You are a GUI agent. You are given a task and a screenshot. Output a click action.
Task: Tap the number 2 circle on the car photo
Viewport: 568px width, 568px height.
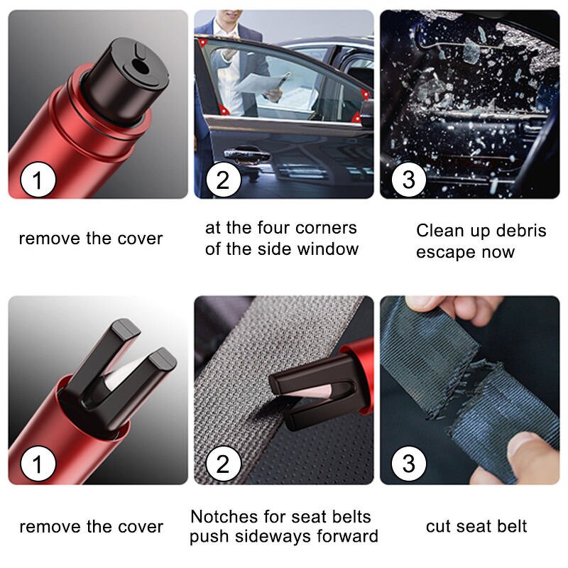[x=223, y=180]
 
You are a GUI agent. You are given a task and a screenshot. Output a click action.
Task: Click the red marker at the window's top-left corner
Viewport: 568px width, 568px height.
[x=203, y=43]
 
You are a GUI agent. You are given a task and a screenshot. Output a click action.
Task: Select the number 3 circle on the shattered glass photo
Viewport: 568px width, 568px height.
[x=408, y=180]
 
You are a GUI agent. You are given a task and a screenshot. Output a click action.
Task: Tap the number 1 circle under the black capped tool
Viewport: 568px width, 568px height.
[x=37, y=180]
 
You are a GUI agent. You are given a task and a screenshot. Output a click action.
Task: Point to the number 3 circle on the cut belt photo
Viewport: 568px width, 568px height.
[x=408, y=466]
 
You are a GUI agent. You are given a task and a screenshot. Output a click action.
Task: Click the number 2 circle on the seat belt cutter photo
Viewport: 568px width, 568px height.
[x=223, y=466]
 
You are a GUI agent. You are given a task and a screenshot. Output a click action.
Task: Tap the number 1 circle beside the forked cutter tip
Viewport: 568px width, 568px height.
[x=37, y=466]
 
